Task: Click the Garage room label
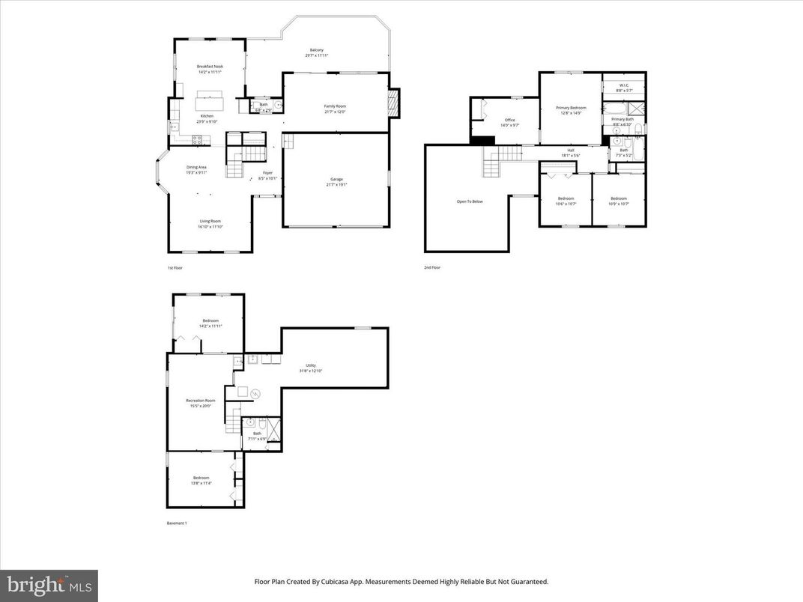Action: (x=336, y=180)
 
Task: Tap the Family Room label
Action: (x=335, y=106)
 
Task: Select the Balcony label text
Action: (x=316, y=50)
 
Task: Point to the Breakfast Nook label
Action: (x=210, y=67)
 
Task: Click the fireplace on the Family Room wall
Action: (x=394, y=103)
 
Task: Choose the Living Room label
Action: (x=210, y=222)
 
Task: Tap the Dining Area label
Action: (x=196, y=168)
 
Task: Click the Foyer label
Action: (x=267, y=174)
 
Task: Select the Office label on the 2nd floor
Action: (x=509, y=121)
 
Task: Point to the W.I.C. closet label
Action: (x=623, y=85)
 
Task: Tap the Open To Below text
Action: (x=470, y=201)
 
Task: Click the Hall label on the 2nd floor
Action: (x=571, y=150)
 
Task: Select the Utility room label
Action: (x=310, y=366)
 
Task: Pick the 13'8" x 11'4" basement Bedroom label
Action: (x=201, y=478)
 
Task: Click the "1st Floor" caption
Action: (x=175, y=267)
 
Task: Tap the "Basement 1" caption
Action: (x=177, y=523)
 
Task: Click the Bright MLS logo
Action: (x=49, y=585)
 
